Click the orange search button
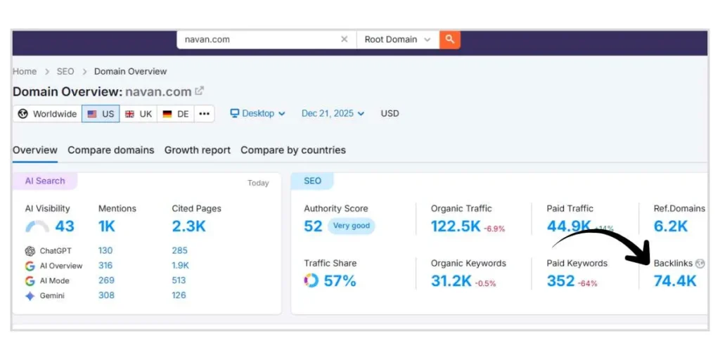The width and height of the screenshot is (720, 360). (x=450, y=39)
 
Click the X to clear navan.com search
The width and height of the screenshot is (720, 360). (x=344, y=39)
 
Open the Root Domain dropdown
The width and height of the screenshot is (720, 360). (x=397, y=39)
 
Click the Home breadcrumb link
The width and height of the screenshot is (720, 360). (x=25, y=71)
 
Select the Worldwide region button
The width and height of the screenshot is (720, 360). (x=47, y=114)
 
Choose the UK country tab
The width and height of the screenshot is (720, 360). (x=139, y=114)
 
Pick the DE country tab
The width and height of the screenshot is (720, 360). (x=176, y=114)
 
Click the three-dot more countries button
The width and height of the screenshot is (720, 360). (x=204, y=114)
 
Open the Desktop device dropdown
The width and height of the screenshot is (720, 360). (x=258, y=113)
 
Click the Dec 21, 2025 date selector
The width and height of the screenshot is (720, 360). (x=333, y=113)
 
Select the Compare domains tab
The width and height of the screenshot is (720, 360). (x=110, y=150)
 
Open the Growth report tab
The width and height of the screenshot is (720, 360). (x=197, y=150)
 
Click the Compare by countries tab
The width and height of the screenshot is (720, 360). (x=293, y=150)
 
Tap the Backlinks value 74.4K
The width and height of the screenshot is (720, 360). (x=675, y=281)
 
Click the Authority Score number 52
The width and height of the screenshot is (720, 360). (x=313, y=226)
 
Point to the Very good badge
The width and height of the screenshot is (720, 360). (x=351, y=226)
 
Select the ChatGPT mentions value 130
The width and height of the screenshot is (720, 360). (x=105, y=251)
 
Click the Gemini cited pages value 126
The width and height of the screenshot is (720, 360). (x=179, y=295)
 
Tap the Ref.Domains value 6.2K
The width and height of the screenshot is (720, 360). (x=671, y=226)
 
